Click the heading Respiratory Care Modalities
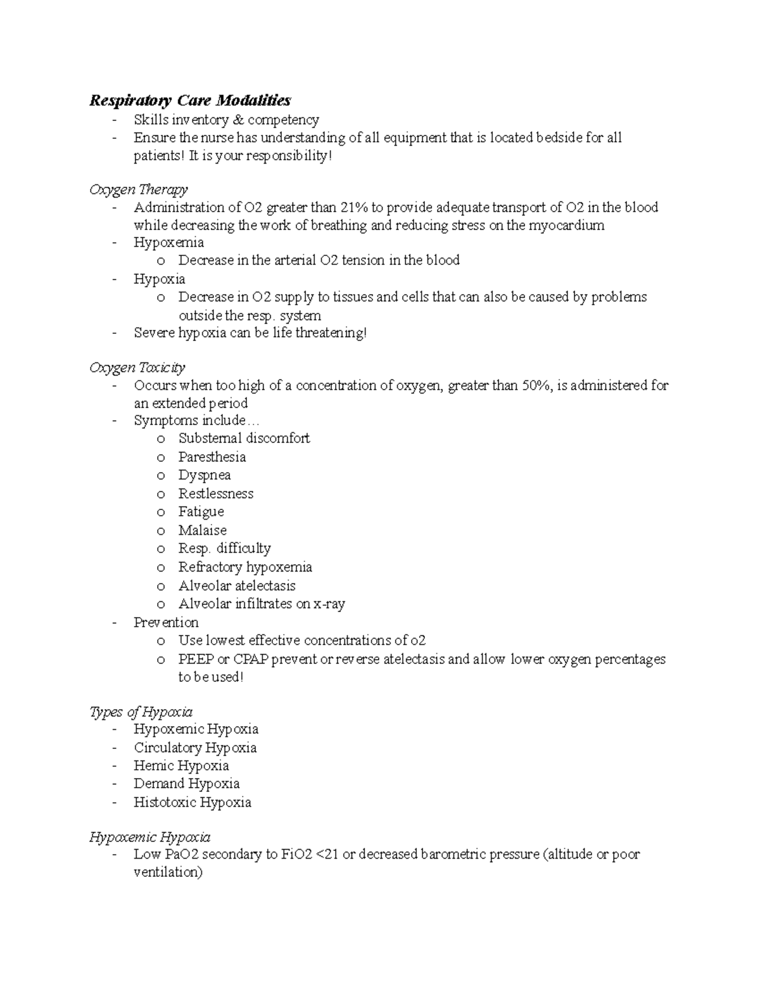pyautogui.click(x=190, y=100)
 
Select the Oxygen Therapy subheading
pyautogui.click(x=139, y=189)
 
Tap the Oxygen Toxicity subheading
pyautogui.click(x=137, y=367)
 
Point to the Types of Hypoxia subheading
pyautogui.click(x=141, y=712)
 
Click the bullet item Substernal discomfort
pyautogui.click(x=244, y=438)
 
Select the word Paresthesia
pyautogui.click(x=212, y=457)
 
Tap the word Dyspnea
pyautogui.click(x=204, y=475)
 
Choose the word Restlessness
pyautogui.click(x=215, y=494)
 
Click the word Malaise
pyautogui.click(x=202, y=530)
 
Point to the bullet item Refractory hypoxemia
pyautogui.click(x=245, y=567)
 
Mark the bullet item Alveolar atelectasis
pyautogui.click(x=237, y=585)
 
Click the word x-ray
pyautogui.click(x=329, y=604)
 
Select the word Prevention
pyautogui.click(x=166, y=622)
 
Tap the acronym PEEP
pyautogui.click(x=196, y=659)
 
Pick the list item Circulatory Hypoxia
pyautogui.click(x=195, y=748)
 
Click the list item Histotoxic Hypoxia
pyautogui.click(x=193, y=802)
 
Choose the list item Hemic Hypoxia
pyautogui.click(x=181, y=765)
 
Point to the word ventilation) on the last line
pyautogui.click(x=168, y=872)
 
